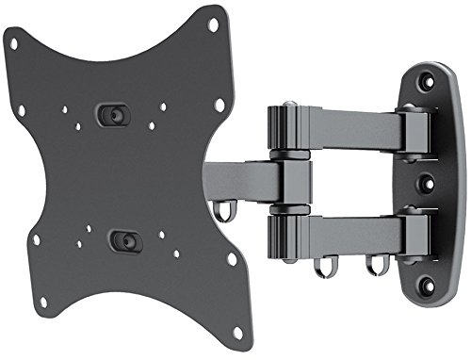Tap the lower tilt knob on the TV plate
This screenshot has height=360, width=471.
121,240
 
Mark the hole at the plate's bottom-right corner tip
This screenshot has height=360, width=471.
236,332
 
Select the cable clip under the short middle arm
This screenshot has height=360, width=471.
222,210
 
